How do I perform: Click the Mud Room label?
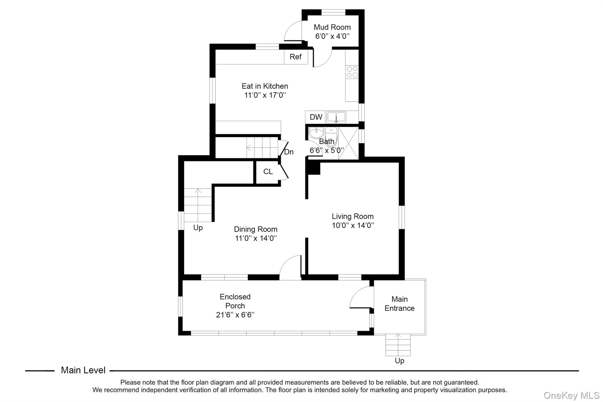point(332,27)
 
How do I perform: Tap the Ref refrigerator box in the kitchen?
point(296,57)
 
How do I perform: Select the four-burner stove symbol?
point(352,72)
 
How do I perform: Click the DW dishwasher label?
point(316,117)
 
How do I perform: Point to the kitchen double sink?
point(336,117)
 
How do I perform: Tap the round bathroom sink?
point(316,133)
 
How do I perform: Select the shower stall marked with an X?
point(348,143)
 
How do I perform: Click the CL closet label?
point(268,172)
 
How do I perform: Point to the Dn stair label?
point(289,152)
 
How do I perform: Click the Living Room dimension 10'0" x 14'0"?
point(353,226)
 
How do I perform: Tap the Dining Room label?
point(256,229)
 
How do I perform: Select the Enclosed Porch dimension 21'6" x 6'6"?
point(235,315)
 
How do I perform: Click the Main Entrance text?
point(400,304)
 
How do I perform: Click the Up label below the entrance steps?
point(400,361)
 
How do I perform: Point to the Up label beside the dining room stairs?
point(198,228)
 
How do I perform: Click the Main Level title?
point(83,370)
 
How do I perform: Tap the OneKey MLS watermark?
point(571,395)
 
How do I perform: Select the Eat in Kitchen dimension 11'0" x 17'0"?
point(265,95)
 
